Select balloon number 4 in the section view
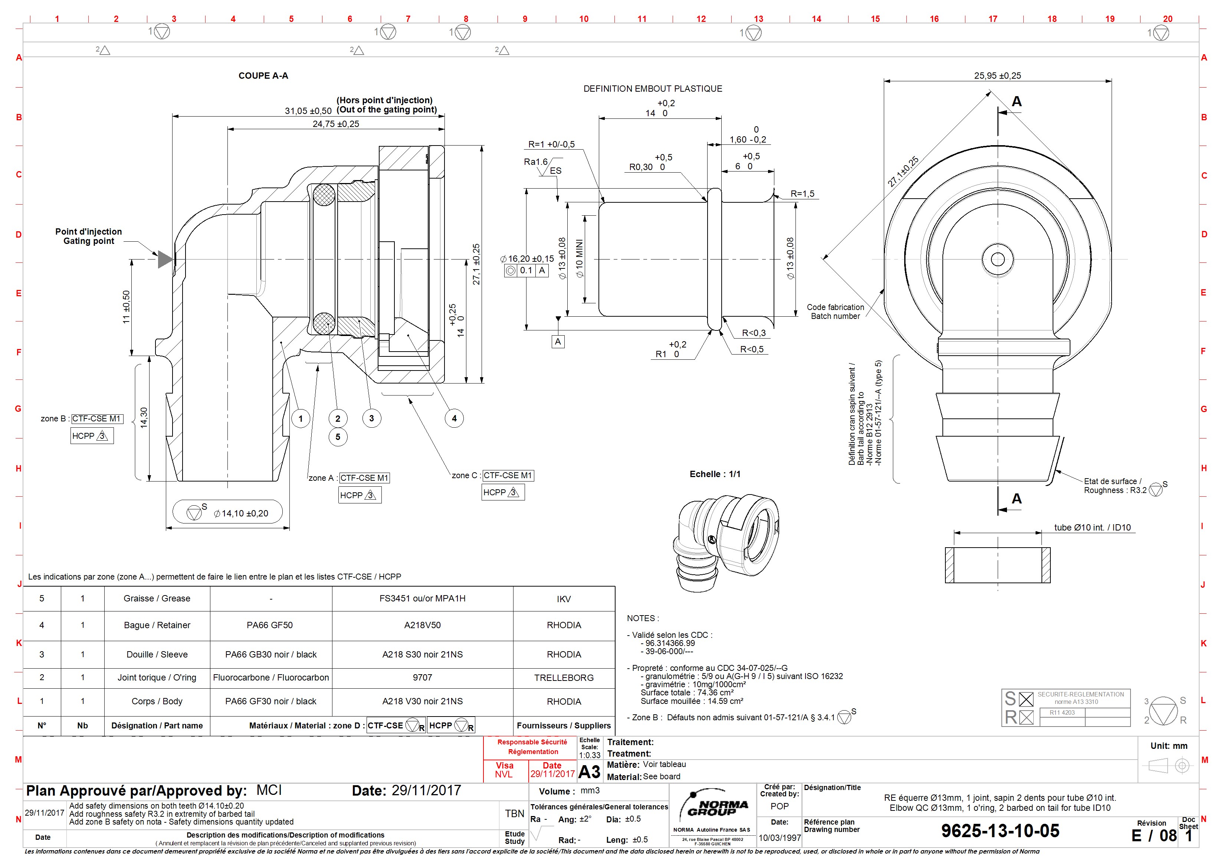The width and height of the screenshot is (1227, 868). click(454, 418)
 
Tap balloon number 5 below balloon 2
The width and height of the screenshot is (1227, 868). click(338, 437)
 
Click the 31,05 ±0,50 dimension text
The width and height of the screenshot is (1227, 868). click(308, 111)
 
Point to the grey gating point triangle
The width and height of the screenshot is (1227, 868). click(165, 260)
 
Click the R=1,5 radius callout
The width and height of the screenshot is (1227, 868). click(802, 193)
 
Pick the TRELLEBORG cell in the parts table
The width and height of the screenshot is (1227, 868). click(564, 678)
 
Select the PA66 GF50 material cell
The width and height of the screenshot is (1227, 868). click(269, 625)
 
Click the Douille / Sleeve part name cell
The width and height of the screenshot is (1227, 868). click(157, 654)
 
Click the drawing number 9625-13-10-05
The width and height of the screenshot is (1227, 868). click(1000, 831)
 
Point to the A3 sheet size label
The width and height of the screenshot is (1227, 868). click(590, 772)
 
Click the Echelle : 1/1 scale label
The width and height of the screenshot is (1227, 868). click(715, 474)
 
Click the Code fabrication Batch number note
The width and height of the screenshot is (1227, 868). click(835, 311)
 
